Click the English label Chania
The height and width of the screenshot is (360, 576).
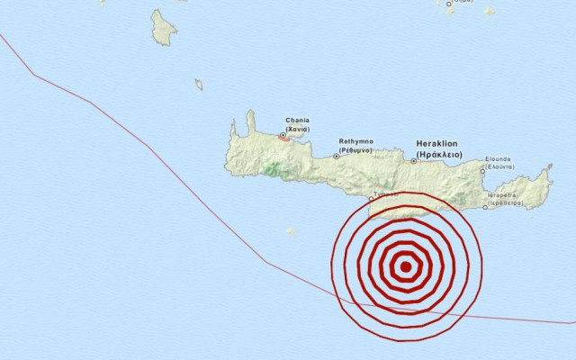pyautogui.click(x=297, y=120)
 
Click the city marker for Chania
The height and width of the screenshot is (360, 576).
pyautogui.click(x=283, y=136)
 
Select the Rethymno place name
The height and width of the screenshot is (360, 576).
pyautogui.click(x=355, y=141)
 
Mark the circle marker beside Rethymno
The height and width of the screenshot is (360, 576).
pyautogui.click(x=337, y=156)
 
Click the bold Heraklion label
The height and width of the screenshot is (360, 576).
pyautogui.click(x=438, y=143)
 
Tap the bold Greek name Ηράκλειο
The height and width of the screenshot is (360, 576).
pyautogui.click(x=438, y=154)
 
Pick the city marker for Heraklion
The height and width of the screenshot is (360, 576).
pyautogui.click(x=414, y=161)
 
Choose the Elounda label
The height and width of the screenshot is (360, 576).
pyautogui.click(x=499, y=158)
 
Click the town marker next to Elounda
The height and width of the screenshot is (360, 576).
pyautogui.click(x=482, y=170)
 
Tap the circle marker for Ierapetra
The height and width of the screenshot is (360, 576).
pyautogui.click(x=485, y=206)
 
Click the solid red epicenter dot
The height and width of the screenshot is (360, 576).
pyautogui.click(x=406, y=265)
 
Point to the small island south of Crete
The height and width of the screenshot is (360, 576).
pyautogui.click(x=291, y=231)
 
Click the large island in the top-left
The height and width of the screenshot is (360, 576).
pyautogui.click(x=163, y=28)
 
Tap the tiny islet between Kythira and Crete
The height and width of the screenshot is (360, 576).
pyautogui.click(x=199, y=85)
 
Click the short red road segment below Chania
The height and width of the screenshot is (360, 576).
pyautogui.click(x=283, y=139)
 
